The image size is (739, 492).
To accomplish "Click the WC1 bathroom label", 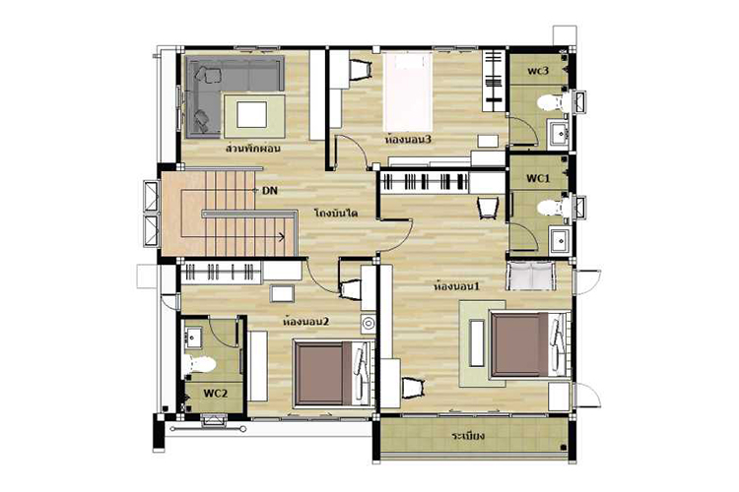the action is coord(538,178).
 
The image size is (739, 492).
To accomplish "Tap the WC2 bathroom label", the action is coord(216,394).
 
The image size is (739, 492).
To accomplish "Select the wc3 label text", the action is coord(538,71).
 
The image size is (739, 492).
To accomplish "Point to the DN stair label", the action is coord(270,191).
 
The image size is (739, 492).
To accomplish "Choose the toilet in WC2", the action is coord(199,364).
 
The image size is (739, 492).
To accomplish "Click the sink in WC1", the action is coord(561,240).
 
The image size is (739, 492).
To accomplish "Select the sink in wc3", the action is coord(560,133).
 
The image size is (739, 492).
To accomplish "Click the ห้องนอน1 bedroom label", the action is coord(456,285).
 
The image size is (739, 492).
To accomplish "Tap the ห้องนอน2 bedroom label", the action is coord(305,322).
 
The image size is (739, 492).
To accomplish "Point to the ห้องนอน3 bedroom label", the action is coord(408,140).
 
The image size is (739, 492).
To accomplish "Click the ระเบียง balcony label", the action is coord(468,436).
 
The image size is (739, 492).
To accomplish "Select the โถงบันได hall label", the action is coord(336,213).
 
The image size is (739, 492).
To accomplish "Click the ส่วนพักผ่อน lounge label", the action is coord(253,149).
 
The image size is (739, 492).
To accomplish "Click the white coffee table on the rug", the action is coord(251,115).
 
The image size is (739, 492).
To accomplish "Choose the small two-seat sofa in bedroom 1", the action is coord(531,276).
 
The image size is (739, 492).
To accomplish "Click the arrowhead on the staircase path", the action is coord(283,237).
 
